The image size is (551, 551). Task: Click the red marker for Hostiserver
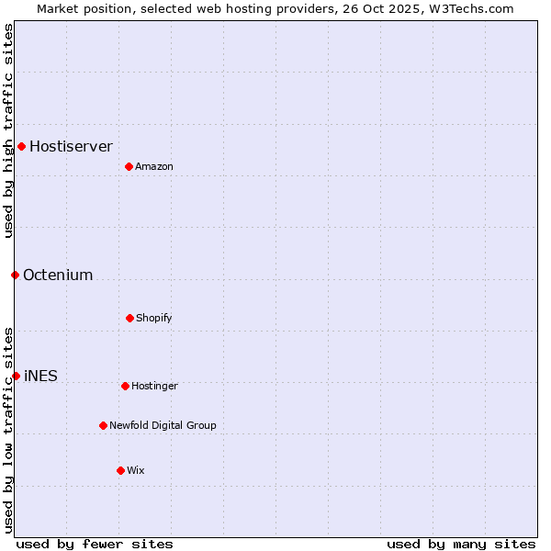tap(21, 146)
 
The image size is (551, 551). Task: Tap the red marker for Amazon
tap(129, 166)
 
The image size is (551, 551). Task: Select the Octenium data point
tap(15, 275)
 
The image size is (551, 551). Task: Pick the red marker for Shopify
tap(129, 318)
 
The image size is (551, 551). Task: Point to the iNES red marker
tap(16, 376)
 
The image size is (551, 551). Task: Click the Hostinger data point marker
tap(125, 386)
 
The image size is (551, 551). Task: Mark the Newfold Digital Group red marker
tap(103, 425)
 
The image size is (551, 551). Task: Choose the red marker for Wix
tap(120, 470)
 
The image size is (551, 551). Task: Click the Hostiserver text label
tap(71, 146)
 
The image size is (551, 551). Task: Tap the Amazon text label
tap(154, 166)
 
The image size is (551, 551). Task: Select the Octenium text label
tap(58, 275)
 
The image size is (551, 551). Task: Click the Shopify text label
tap(154, 318)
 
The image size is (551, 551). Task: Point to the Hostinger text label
tap(154, 386)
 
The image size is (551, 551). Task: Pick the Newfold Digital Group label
tap(163, 425)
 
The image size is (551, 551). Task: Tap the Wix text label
tap(136, 470)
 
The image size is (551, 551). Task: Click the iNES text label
tap(40, 376)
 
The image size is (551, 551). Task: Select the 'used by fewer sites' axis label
tap(94, 544)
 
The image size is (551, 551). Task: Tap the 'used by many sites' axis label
tap(461, 544)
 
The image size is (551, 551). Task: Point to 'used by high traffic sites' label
tap(8, 130)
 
